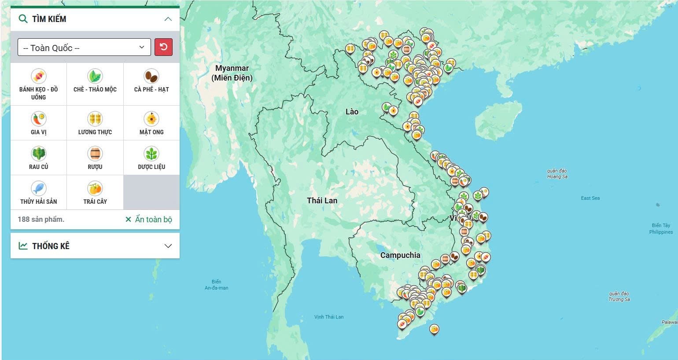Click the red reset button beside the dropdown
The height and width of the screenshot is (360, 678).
(163, 47)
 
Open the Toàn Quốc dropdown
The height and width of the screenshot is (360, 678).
(84, 48)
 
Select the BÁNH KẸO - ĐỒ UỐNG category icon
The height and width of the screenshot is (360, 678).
(39, 76)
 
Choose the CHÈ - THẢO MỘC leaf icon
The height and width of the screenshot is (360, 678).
(95, 76)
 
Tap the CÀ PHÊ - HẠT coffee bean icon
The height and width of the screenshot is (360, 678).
(151, 76)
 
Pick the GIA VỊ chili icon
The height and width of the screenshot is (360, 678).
(39, 119)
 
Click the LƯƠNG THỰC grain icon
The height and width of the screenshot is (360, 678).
(95, 119)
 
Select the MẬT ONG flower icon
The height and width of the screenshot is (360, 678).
(151, 119)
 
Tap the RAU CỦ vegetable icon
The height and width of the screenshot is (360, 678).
(39, 154)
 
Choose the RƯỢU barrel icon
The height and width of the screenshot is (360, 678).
(95, 154)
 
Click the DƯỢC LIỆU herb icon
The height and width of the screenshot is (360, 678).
(151, 154)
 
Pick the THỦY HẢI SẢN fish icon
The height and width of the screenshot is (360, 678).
(39, 188)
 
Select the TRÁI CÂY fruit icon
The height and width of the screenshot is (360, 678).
(95, 188)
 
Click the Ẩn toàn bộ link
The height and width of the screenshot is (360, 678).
(149, 219)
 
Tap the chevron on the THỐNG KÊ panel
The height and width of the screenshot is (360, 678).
(168, 246)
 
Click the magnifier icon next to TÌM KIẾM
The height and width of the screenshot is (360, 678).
(23, 19)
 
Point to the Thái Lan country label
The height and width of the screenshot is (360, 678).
(322, 201)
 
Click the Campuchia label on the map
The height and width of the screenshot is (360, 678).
(400, 255)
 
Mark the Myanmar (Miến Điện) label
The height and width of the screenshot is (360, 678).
(232, 73)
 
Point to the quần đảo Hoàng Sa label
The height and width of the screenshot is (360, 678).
(557, 173)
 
